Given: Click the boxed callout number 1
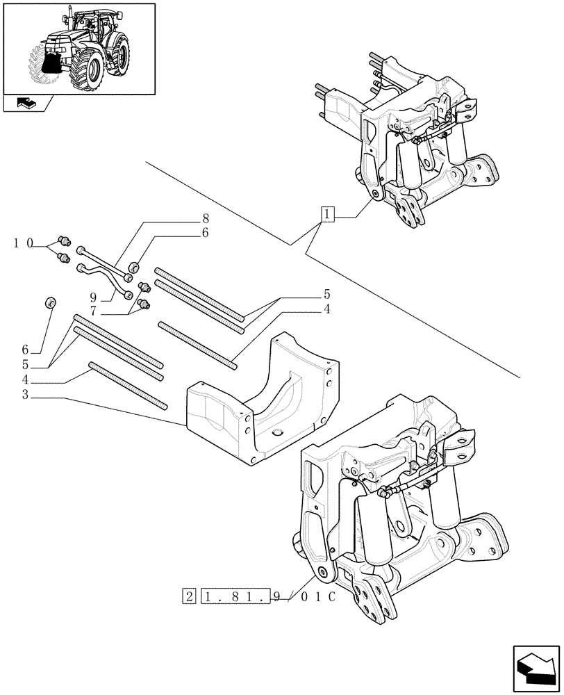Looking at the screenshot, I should coord(328,214).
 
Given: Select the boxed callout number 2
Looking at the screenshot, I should coord(189,596).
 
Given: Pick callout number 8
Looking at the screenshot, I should coord(204,218).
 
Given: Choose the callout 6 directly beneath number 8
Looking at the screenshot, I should coord(204,234).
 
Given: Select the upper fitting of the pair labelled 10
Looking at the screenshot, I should coord(65,241).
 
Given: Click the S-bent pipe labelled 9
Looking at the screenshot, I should coord(104,277).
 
